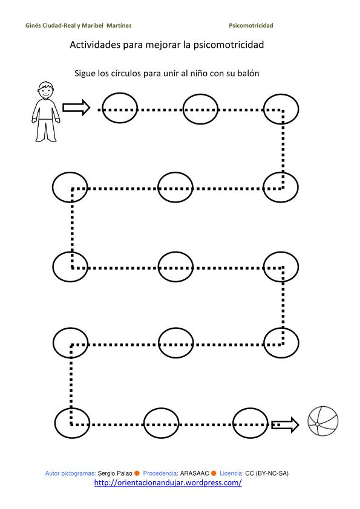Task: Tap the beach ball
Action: click(x=323, y=421)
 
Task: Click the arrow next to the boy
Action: click(x=76, y=107)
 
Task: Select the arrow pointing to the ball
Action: click(x=285, y=424)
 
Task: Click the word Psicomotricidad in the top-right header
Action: click(x=251, y=25)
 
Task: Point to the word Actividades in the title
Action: click(x=95, y=45)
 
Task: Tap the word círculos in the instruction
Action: click(x=126, y=73)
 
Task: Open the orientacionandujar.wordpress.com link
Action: click(x=168, y=483)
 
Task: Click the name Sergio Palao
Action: click(x=115, y=473)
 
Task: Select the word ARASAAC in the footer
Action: click(x=194, y=473)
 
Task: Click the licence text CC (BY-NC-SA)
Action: click(x=267, y=473)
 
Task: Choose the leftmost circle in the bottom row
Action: click(x=55, y=423)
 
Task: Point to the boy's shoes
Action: click(x=46, y=139)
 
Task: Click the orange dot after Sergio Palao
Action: click(x=137, y=473)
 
